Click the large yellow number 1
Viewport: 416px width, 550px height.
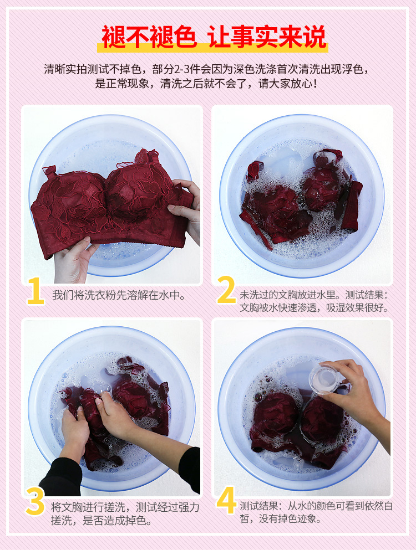click(x=35, y=291)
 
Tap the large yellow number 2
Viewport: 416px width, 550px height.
click(x=226, y=290)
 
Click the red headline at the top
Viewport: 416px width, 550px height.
click(x=214, y=37)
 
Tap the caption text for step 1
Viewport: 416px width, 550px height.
click(x=119, y=295)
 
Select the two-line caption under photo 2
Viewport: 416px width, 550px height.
click(x=314, y=301)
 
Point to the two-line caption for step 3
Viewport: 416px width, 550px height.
click(x=125, y=513)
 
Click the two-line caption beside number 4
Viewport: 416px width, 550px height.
click(x=316, y=512)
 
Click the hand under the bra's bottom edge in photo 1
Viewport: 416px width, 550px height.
click(x=73, y=260)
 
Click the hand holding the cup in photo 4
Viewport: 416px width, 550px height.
click(x=355, y=393)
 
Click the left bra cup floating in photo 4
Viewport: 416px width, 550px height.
click(x=276, y=414)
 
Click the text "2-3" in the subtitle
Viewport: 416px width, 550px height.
click(x=181, y=69)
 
